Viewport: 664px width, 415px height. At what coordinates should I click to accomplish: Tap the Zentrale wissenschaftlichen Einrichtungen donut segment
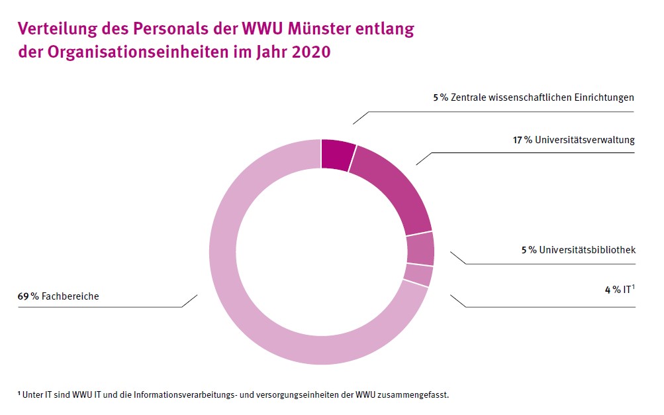(x=336, y=154)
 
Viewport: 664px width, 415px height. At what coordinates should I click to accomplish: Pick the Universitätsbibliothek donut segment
(x=420, y=249)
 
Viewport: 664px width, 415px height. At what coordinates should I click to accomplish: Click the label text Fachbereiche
(x=70, y=296)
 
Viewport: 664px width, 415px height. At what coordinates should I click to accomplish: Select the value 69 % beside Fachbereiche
(x=28, y=296)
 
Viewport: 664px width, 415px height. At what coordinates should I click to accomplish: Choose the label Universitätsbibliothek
(x=587, y=251)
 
